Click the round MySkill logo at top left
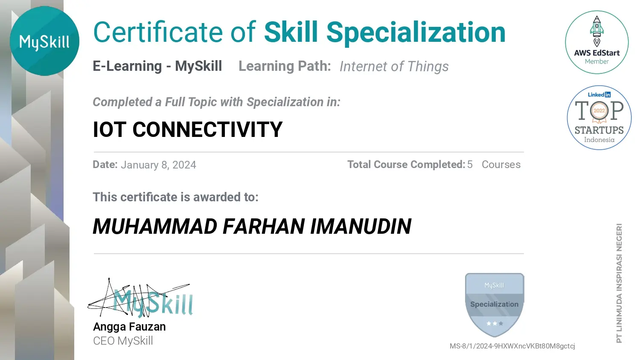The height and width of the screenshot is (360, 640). coord(44,41)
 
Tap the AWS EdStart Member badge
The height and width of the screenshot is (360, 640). coord(596,42)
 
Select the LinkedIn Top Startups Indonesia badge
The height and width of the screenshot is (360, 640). coord(599,117)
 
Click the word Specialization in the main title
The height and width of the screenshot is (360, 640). coord(416,33)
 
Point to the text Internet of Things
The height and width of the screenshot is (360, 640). coord(394,66)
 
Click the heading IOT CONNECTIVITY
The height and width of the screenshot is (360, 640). coord(188,129)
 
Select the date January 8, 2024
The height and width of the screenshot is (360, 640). coord(159,165)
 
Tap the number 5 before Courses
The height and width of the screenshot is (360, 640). coord(470,165)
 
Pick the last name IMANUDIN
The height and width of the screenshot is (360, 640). coord(361,226)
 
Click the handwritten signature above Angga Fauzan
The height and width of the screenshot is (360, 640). coord(140,299)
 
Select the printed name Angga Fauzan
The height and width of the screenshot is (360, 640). coord(129,327)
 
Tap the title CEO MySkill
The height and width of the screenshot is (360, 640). coord(123,341)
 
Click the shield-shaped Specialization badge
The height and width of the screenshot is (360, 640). coord(495,305)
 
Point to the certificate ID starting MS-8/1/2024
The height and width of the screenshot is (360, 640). coord(512,346)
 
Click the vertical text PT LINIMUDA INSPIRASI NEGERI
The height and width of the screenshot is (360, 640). coord(619,283)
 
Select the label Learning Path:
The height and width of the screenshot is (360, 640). coord(285,66)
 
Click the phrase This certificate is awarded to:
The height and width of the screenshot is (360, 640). coord(176,197)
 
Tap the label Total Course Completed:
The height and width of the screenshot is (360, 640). coord(406,165)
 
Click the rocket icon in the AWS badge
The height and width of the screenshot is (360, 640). coord(597,31)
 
